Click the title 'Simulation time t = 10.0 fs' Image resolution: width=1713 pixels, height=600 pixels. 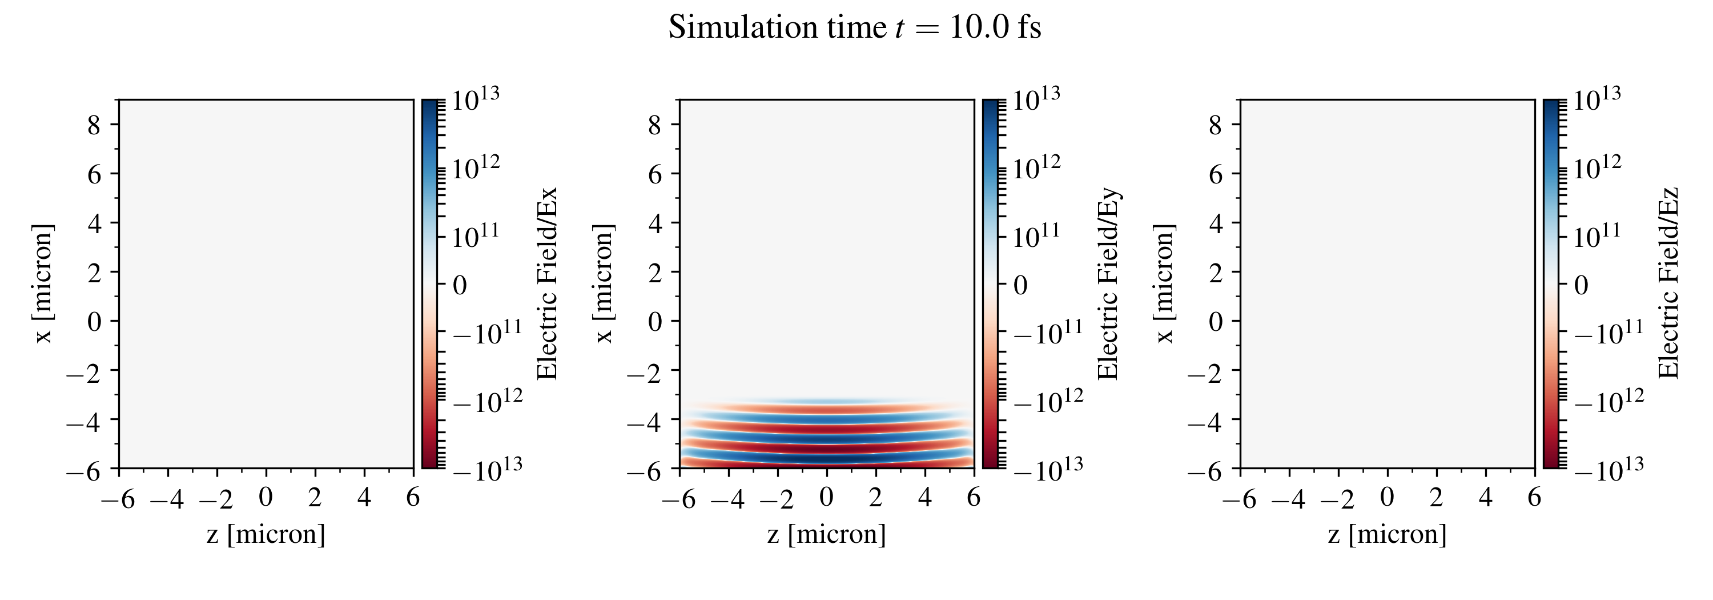(855, 28)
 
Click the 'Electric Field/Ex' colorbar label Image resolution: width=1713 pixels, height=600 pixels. (546, 283)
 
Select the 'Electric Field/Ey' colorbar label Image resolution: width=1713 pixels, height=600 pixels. (1108, 283)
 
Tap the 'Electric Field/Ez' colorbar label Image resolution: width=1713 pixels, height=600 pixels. (1668, 283)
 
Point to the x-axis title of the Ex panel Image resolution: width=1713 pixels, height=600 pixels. (266, 534)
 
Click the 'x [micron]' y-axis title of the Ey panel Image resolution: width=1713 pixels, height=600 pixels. (603, 283)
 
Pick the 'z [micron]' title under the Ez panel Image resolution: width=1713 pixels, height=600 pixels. (1387, 534)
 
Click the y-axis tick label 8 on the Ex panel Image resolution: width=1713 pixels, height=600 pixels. (94, 125)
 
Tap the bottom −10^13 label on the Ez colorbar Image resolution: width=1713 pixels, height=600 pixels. (1609, 467)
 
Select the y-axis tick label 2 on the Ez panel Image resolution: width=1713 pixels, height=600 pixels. (1216, 272)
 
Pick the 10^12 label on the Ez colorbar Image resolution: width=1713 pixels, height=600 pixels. (1597, 167)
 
